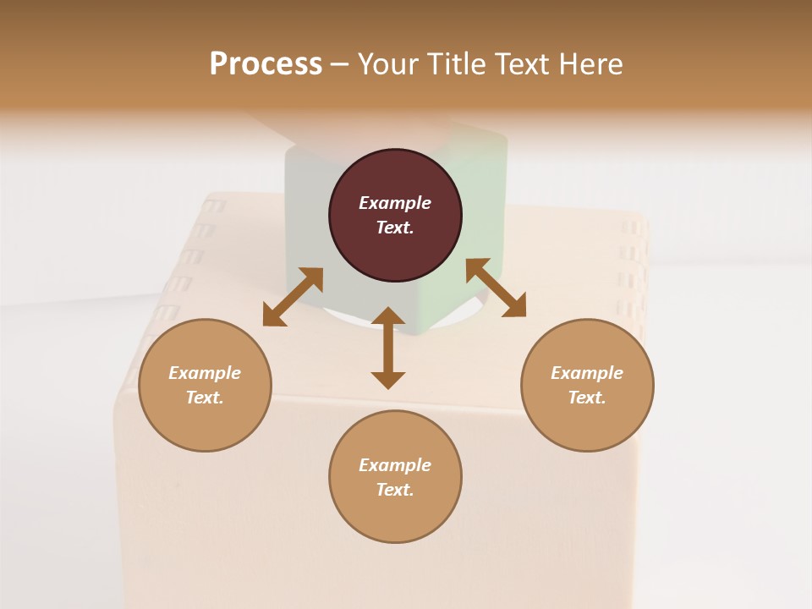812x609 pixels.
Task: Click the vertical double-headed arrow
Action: pos(388,348)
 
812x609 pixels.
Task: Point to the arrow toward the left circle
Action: pos(293,297)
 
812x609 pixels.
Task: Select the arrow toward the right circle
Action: pos(496,288)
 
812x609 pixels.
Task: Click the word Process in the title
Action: pos(266,63)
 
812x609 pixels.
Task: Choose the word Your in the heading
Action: pos(388,63)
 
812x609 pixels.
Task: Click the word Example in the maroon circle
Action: pos(395,203)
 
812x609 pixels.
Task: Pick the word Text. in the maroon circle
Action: pos(395,228)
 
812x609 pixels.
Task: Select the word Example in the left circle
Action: pos(205,373)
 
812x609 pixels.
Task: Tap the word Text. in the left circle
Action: pos(205,398)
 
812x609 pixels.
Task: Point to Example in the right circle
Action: pos(587,373)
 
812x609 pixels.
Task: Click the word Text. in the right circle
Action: pos(587,398)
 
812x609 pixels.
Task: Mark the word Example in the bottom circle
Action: pos(395,465)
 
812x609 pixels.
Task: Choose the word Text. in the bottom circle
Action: pos(395,490)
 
